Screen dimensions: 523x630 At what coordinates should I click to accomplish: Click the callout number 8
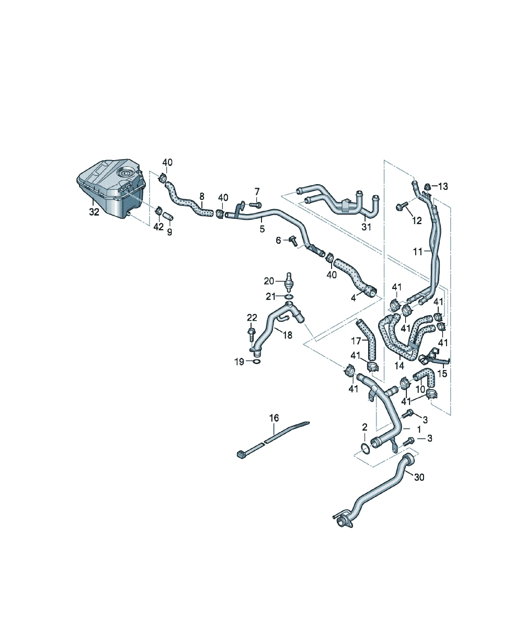[x=202, y=197]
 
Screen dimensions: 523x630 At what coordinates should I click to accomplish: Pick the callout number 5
[x=262, y=229]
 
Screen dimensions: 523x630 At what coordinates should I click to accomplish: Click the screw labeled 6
[x=293, y=241]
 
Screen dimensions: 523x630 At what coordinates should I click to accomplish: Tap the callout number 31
[x=366, y=227]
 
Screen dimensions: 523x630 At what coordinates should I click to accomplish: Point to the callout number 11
[x=418, y=252]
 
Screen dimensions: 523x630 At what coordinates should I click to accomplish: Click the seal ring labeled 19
[x=257, y=361]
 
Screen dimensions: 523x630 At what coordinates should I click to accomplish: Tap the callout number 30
[x=419, y=477]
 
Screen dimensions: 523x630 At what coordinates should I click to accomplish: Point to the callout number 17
[x=356, y=341]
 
